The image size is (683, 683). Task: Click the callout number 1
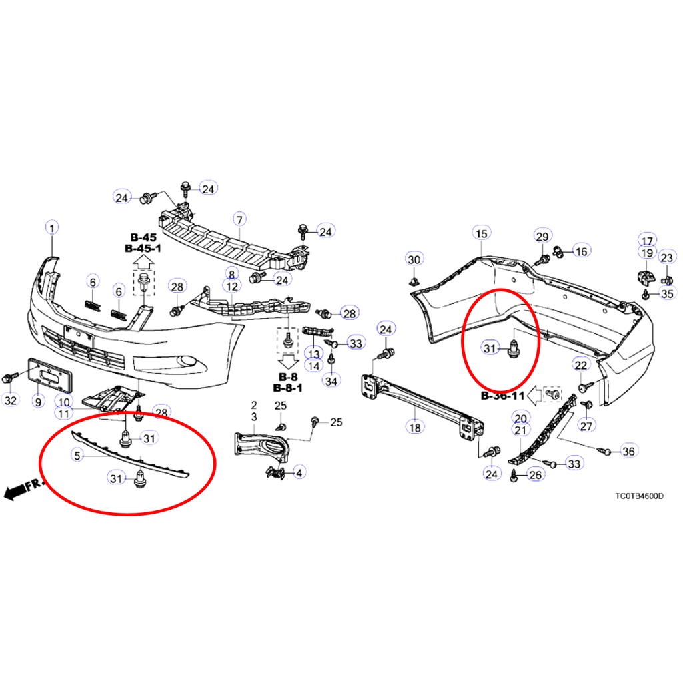coord(52,228)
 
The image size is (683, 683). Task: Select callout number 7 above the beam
coord(239,220)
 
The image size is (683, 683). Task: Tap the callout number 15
coord(482,234)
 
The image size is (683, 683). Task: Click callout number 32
coord(11,400)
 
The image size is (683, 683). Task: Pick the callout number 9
coord(38,401)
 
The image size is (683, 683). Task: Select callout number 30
coord(414,260)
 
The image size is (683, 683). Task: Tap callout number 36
coord(628,451)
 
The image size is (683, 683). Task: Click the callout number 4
coord(299,472)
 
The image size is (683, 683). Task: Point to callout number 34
coord(331,381)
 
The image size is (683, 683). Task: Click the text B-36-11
coord(502,396)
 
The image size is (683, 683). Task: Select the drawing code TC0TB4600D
coord(640,496)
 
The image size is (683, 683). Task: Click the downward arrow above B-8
coord(288,361)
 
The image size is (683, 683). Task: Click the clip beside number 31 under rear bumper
coord(514,350)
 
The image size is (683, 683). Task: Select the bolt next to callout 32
coord(9,378)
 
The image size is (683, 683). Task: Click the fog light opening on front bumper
coord(190,360)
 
